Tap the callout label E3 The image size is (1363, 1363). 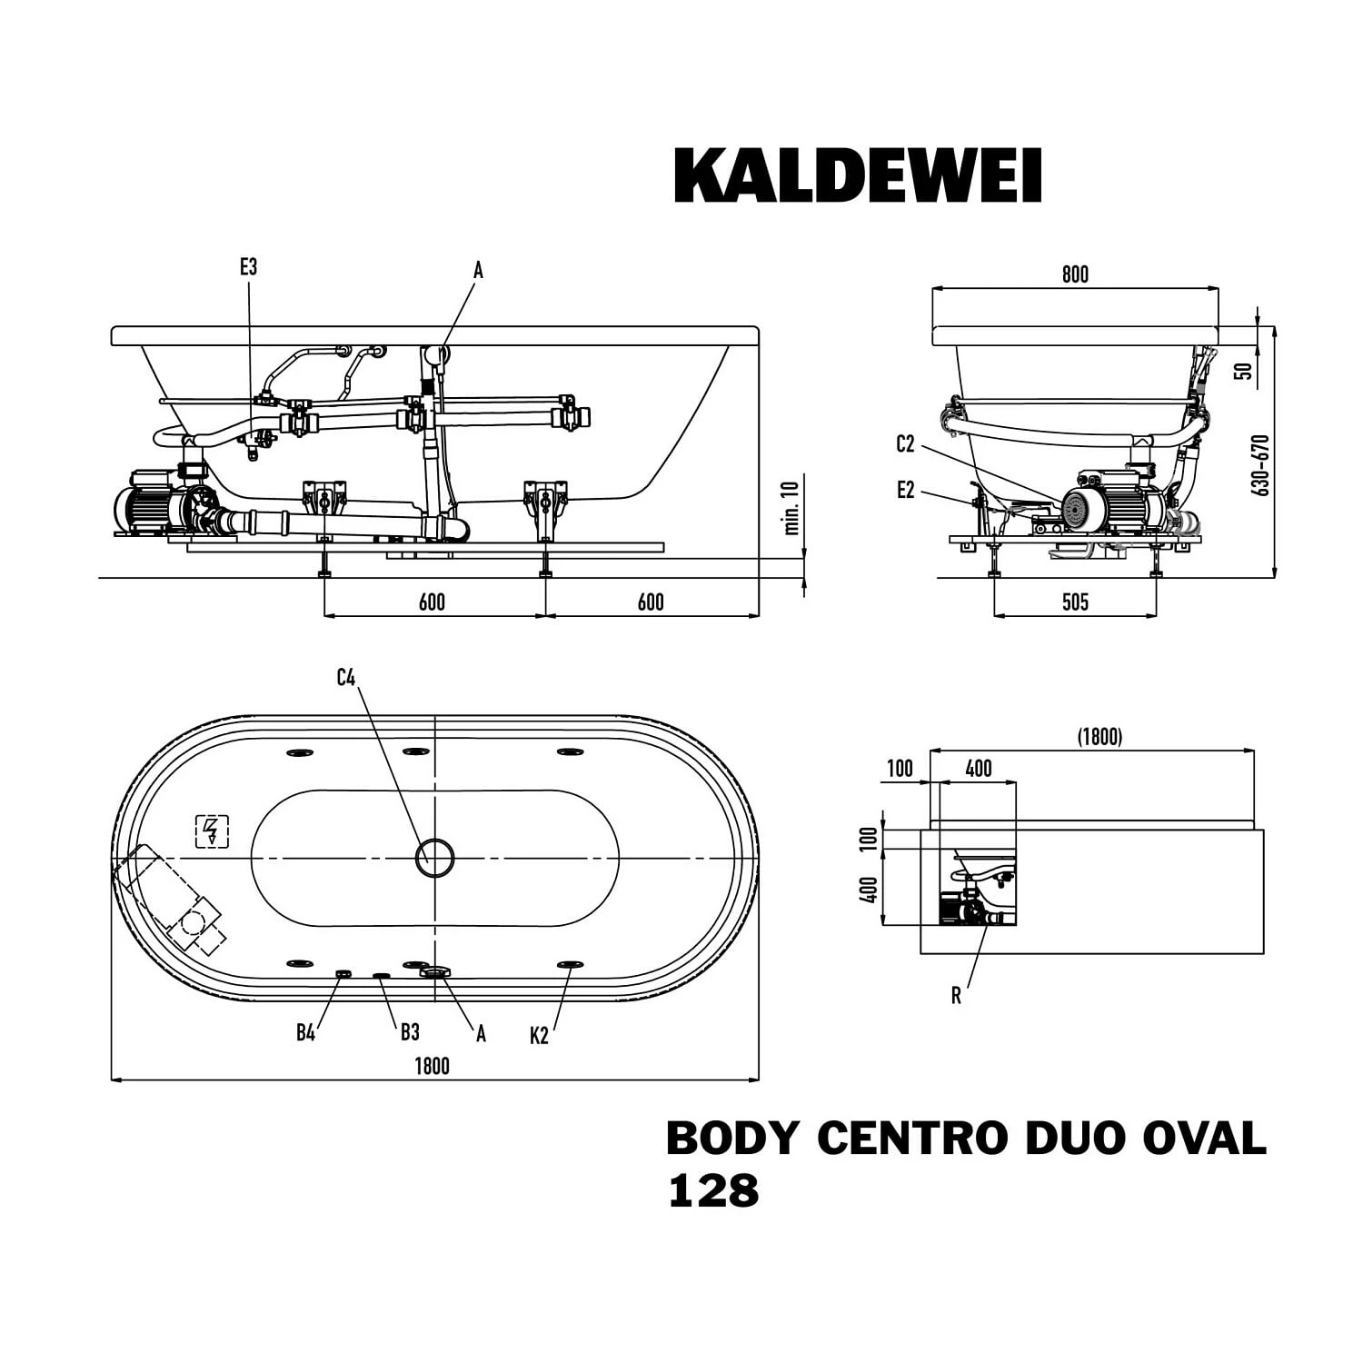[248, 266]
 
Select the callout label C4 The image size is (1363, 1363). [346, 677]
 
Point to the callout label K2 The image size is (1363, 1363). [540, 1035]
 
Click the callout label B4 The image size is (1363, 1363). [305, 1032]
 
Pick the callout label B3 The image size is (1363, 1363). [410, 1032]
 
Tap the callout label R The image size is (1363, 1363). [956, 996]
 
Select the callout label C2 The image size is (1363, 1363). [905, 443]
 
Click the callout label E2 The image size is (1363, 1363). [905, 490]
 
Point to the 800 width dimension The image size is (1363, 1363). [1075, 274]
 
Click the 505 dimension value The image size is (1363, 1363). [1075, 602]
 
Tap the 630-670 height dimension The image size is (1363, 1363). [1260, 464]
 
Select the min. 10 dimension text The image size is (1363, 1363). [791, 507]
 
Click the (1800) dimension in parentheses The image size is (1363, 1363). [1099, 736]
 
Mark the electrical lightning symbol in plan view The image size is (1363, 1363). [212, 831]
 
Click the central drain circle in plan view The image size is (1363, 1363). [435, 857]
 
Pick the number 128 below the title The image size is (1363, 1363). [713, 1191]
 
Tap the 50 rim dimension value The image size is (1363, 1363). [1245, 371]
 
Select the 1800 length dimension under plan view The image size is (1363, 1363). [432, 1066]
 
